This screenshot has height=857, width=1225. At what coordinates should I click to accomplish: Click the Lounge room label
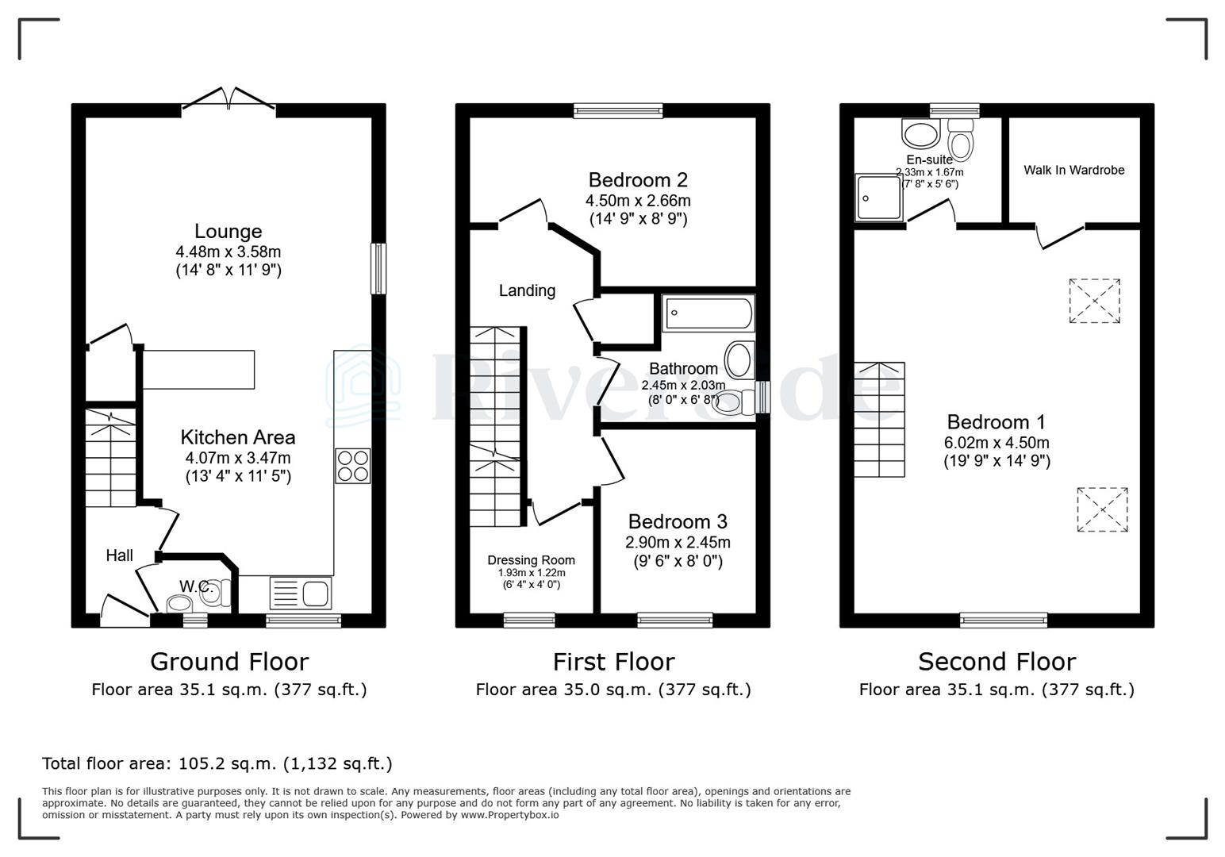[228, 232]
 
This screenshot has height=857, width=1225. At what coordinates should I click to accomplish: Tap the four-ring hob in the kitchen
[353, 466]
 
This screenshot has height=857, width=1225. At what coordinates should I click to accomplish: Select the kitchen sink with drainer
[301, 593]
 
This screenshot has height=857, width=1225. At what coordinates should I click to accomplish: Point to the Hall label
[120, 555]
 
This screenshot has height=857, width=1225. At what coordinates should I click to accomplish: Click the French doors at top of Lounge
[228, 98]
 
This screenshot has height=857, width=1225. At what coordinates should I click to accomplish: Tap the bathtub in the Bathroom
[708, 313]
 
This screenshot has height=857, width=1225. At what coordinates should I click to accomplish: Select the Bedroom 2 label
[638, 180]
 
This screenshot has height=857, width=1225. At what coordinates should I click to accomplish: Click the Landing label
[527, 290]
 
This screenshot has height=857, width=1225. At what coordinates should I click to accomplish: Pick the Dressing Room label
[531, 560]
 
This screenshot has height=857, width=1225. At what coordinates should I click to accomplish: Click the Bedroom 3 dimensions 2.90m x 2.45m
[678, 543]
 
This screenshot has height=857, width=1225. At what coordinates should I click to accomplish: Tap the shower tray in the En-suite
[878, 198]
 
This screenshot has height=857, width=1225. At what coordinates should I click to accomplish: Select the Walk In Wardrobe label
[1073, 170]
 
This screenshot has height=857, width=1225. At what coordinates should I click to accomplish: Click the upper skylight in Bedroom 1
[1094, 301]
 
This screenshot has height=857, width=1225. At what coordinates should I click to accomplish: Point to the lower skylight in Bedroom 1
[1102, 509]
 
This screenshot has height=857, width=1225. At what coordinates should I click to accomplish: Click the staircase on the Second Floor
[879, 420]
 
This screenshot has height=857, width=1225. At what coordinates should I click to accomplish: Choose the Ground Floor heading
[229, 661]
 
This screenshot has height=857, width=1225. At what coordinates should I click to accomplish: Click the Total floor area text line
[217, 763]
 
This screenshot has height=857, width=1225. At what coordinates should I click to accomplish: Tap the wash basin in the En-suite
[920, 134]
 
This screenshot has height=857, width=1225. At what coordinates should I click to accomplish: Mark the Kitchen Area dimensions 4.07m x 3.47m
[238, 458]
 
